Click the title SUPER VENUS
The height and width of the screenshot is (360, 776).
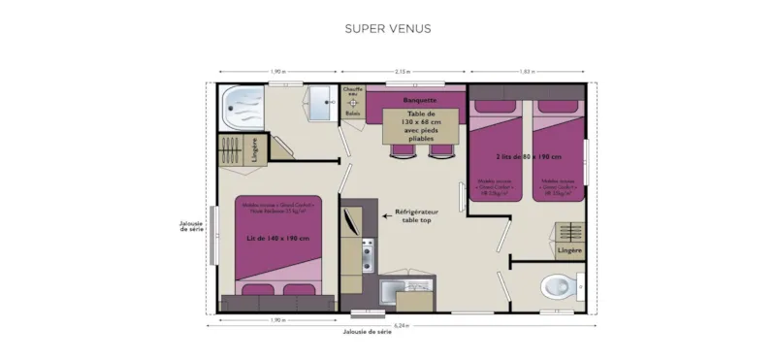(x=388, y=29)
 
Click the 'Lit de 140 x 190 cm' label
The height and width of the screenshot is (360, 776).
(x=278, y=239)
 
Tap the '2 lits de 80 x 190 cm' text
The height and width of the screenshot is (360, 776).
(x=530, y=156)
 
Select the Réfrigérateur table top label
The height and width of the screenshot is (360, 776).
(x=418, y=215)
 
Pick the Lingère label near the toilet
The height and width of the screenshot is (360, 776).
(x=570, y=250)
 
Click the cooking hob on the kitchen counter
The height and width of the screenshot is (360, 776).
(x=368, y=255)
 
